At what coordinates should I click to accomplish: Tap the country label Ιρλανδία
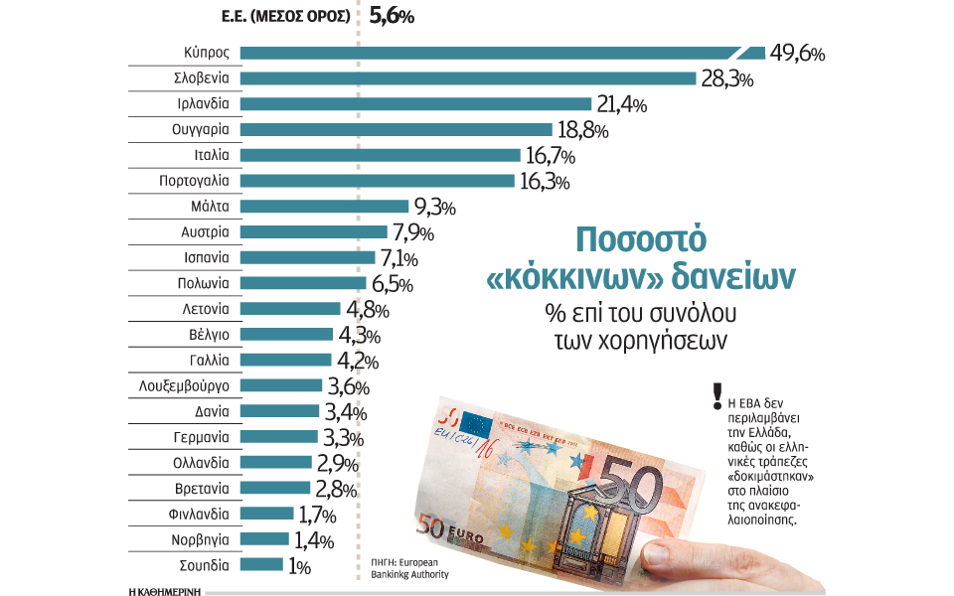[x=201, y=104]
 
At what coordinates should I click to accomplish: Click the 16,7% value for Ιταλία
[x=550, y=156]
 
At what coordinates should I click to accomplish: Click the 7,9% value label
[x=416, y=233]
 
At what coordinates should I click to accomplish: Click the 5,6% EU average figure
[x=392, y=16]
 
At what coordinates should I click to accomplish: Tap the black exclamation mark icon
[x=715, y=397]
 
